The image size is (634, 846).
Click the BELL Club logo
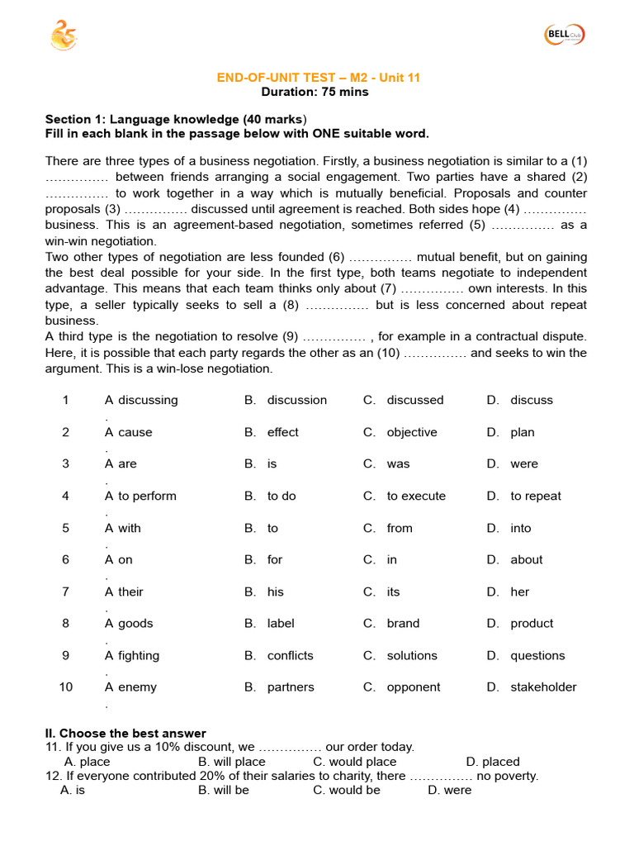coord(565,35)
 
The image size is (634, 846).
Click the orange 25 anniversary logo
coord(64,36)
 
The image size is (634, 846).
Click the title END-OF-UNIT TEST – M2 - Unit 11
coord(318,78)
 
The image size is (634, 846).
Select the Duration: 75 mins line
coord(315,92)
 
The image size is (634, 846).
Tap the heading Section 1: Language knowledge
coord(175,120)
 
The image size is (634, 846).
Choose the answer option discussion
coord(296,400)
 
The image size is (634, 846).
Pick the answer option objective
coord(412,432)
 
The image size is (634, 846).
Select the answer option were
coord(523,464)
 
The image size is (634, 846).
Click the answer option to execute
coord(416,497)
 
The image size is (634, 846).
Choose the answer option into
coord(520,528)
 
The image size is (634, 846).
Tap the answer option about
coord(526,560)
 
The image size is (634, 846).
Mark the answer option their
coord(130,592)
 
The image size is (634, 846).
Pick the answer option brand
coord(403,624)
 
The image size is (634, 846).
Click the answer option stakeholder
coord(543,687)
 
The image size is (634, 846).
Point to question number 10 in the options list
coord(65,687)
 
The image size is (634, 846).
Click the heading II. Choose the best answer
coord(125,734)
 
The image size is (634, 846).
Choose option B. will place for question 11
coord(232,762)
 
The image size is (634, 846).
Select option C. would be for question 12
coord(347,790)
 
